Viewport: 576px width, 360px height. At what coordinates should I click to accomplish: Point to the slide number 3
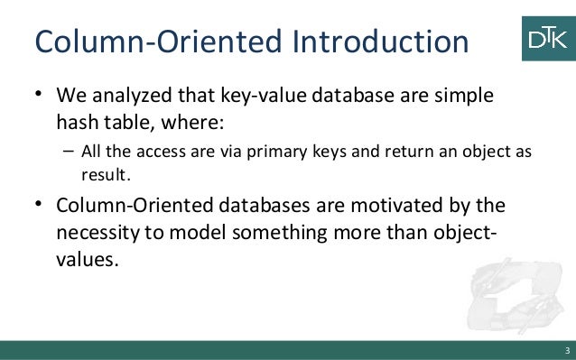566,350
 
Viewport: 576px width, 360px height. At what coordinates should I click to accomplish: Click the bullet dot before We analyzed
39,95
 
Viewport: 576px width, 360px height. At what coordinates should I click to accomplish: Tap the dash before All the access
68,150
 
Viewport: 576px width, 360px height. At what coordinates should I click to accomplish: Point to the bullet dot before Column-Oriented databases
39,206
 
